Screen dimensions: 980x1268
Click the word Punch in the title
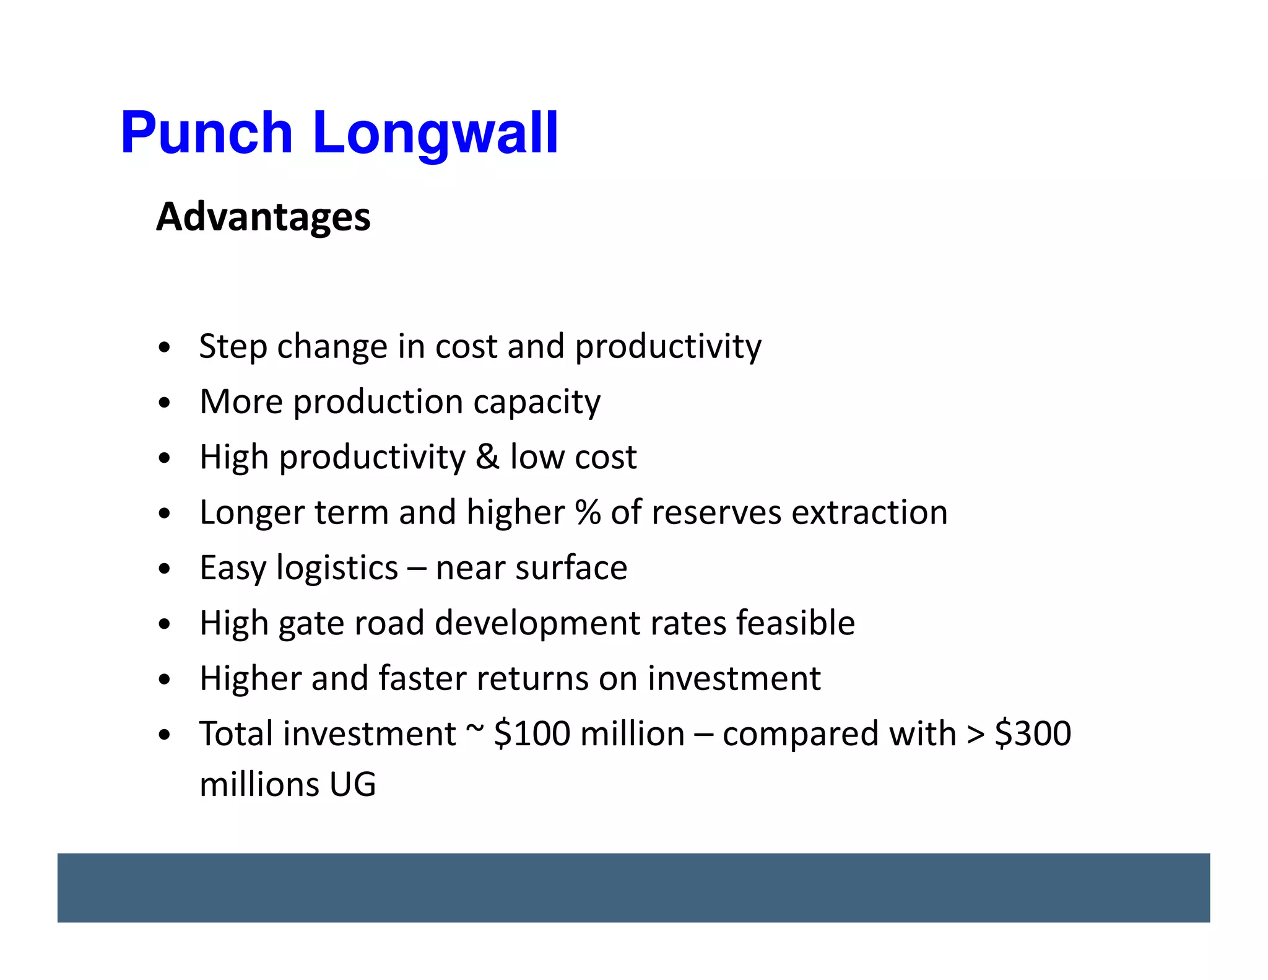(x=206, y=133)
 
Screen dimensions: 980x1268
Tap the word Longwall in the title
(x=435, y=133)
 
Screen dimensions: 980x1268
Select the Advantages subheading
(x=263, y=217)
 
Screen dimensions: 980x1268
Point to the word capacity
(x=537, y=403)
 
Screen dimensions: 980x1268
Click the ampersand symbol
(x=487, y=457)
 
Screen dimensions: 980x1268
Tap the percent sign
(x=588, y=512)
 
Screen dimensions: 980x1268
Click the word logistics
(x=337, y=568)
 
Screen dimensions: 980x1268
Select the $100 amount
(x=532, y=734)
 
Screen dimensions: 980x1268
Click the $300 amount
(x=1033, y=734)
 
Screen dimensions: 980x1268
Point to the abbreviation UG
(x=352, y=784)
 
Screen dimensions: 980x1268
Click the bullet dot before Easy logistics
(x=164, y=569)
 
